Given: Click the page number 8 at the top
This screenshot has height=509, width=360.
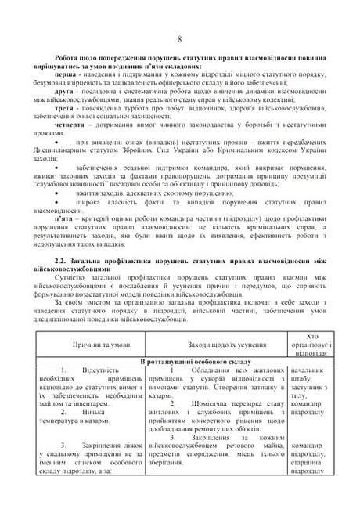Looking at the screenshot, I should (179, 40).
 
